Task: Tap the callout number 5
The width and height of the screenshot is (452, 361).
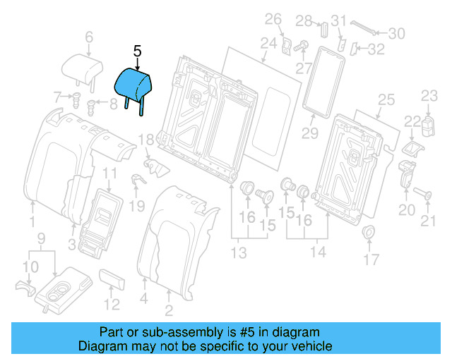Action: click(137, 51)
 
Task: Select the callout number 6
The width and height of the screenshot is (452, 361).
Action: click(89, 37)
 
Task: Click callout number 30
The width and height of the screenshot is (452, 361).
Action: click(397, 32)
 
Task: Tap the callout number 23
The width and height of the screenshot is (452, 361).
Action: click(430, 96)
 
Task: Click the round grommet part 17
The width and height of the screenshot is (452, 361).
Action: click(368, 233)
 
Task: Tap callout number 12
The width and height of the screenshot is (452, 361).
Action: click(112, 305)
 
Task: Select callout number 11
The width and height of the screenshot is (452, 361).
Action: click(110, 173)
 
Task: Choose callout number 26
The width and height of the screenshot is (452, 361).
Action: click(273, 18)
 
